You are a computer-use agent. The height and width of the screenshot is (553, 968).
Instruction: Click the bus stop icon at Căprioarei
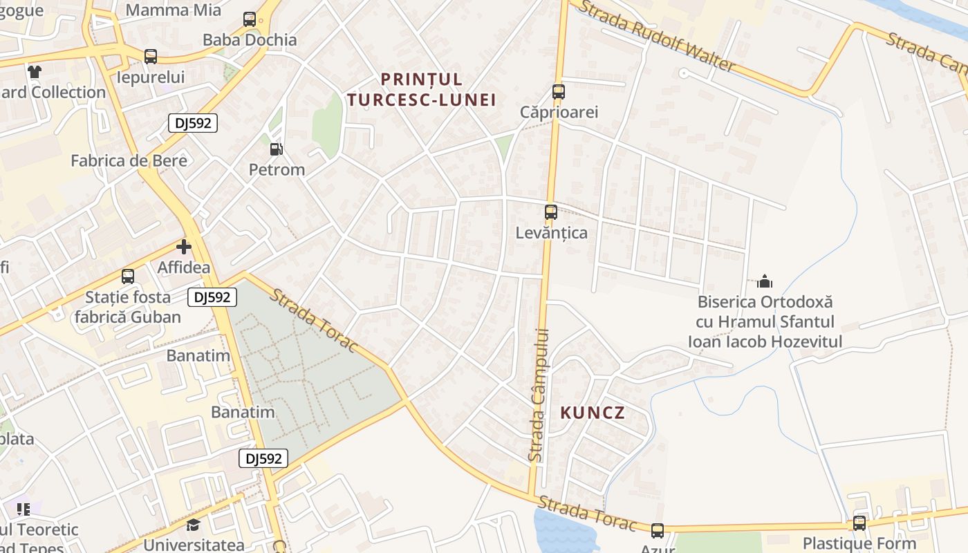tap(558, 91)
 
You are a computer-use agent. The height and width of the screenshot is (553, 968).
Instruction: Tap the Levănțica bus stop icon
tap(550, 212)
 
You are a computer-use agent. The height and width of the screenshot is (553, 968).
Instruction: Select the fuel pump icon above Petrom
tap(276, 149)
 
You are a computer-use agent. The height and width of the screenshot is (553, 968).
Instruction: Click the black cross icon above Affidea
tap(183, 246)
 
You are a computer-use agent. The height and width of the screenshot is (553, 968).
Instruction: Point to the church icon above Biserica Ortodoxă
tap(764, 281)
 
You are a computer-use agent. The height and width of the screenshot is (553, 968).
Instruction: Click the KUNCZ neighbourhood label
tap(593, 413)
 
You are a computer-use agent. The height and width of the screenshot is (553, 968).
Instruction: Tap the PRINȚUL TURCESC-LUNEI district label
tap(422, 89)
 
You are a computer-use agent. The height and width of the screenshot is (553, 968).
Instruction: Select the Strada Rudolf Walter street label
tap(656, 36)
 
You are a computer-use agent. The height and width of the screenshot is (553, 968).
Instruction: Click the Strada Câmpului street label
tap(538, 394)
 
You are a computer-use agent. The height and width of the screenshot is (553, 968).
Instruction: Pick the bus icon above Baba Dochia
tap(250, 19)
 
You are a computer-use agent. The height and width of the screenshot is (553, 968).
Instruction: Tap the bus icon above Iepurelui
tap(150, 57)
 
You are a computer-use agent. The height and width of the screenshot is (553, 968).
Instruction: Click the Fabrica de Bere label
tap(129, 160)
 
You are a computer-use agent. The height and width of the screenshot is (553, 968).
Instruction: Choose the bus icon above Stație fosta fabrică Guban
tap(128, 276)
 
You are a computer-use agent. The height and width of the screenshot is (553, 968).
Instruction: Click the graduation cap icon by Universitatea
tap(193, 525)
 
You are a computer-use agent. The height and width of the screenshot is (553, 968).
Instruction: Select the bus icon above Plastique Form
tap(859, 523)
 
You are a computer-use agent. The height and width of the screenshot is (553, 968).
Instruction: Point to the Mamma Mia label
tap(174, 10)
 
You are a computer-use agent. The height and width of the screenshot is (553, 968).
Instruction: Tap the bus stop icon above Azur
tap(657, 530)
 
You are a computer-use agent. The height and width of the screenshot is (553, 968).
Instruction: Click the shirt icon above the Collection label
tap(35, 71)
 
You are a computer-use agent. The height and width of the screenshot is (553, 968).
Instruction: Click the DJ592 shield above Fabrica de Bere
tap(193, 123)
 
